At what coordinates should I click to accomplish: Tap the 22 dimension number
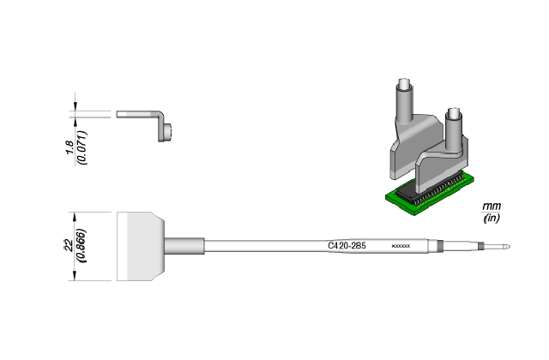tap(69, 246)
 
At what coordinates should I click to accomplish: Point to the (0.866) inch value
tap(81, 246)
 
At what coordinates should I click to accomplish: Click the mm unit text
tap(492, 207)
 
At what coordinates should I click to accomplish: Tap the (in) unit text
tap(492, 219)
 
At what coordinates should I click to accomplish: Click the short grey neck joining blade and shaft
tap(185, 246)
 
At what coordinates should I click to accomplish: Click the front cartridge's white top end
tap(455, 115)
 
